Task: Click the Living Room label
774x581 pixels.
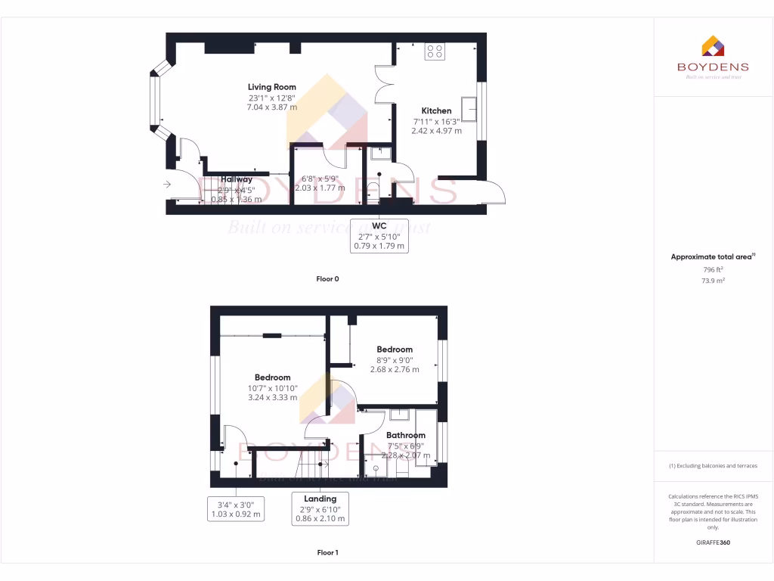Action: tap(271, 87)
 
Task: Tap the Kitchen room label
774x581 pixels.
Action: tap(436, 110)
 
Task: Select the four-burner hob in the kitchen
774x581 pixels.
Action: tap(435, 51)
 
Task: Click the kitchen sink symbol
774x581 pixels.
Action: tap(474, 110)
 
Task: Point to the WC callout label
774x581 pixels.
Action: tap(380, 226)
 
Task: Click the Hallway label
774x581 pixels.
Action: tap(237, 179)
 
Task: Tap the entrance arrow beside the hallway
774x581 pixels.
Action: tap(166, 184)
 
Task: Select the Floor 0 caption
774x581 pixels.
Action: tap(327, 279)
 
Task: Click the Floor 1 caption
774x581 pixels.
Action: tap(327, 553)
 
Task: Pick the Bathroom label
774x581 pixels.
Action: tap(405, 435)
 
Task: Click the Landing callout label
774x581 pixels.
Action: tap(320, 499)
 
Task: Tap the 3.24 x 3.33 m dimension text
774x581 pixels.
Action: tap(272, 396)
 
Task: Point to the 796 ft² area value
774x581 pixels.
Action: tap(713, 269)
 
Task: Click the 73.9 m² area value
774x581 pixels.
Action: tap(713, 280)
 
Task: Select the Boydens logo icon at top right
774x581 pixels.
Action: tap(713, 46)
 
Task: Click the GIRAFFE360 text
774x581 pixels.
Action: tap(713, 542)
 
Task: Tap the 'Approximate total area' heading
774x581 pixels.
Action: tap(712, 257)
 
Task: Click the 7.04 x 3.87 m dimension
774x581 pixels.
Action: tap(271, 107)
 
